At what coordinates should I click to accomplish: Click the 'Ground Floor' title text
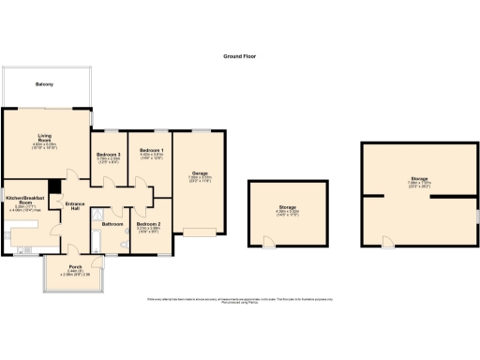[x=239, y=56]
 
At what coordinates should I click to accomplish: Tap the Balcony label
[x=45, y=85]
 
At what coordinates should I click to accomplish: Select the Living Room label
[x=45, y=138]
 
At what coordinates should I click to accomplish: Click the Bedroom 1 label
[x=151, y=150]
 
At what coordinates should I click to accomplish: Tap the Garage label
[x=200, y=173]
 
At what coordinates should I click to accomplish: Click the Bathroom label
[x=113, y=225]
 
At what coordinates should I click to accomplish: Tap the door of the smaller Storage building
[x=269, y=241]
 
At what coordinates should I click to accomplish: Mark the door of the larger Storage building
[x=387, y=244]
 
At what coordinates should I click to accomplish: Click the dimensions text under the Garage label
[x=200, y=179]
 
